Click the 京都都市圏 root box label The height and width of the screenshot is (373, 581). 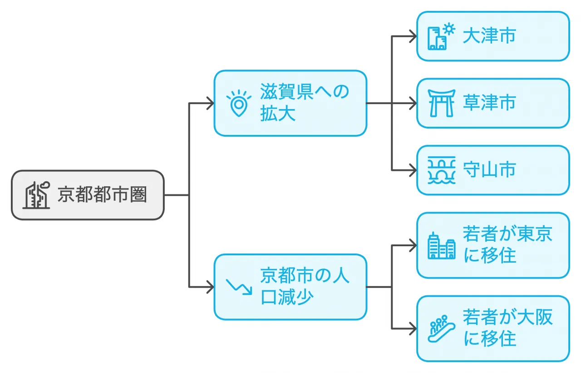102,195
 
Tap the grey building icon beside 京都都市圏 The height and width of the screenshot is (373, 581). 36,195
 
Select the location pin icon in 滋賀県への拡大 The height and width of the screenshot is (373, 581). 238,104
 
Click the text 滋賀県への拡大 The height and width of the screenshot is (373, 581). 304,103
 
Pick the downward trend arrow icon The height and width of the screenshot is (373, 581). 239,286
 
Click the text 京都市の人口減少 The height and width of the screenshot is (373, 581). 304,286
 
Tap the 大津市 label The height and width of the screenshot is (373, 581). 489,36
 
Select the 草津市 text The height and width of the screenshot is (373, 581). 489,103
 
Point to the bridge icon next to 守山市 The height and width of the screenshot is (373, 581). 441,170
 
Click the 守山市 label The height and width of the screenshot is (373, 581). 489,170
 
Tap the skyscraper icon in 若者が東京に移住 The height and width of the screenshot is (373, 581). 441,246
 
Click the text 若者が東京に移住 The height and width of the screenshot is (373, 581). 507,245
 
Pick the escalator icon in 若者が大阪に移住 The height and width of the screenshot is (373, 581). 441,329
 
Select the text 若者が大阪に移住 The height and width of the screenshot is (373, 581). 507,328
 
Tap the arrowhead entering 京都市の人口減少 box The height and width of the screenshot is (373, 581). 210,287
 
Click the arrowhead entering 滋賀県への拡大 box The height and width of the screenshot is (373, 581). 210,103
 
